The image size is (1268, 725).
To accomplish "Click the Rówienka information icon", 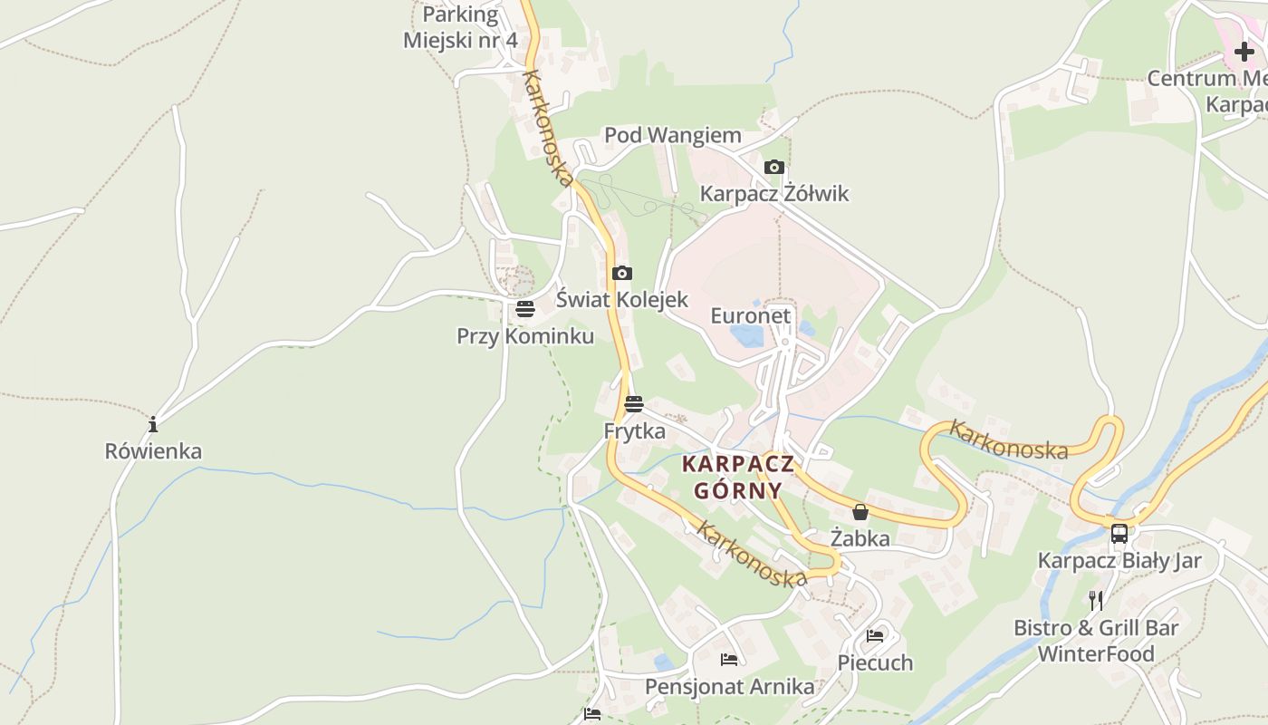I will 153,424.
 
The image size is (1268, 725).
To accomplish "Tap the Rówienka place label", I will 153,450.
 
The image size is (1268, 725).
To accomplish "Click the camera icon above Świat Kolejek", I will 621,273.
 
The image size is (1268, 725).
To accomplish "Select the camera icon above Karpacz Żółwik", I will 773,167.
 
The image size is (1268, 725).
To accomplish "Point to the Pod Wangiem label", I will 672,135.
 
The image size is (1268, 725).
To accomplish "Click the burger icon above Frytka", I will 633,404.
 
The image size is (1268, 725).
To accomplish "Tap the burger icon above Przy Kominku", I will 524,309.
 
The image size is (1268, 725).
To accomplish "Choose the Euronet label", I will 750,315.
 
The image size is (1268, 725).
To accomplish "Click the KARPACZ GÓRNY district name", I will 737,478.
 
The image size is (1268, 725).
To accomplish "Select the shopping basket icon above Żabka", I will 860,512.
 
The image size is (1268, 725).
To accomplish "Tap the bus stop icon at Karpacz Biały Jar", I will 1119,533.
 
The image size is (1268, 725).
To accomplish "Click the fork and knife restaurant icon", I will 1096,600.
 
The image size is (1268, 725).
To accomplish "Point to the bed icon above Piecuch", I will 874,636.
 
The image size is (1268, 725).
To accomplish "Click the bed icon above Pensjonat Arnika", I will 728,660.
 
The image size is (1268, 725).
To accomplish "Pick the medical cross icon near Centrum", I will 1244,52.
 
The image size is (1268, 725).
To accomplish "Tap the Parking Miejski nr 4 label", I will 460,27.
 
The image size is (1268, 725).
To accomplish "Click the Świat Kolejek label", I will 621,299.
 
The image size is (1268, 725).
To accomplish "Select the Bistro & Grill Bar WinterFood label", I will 1096,641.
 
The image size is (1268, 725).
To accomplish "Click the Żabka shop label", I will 860,538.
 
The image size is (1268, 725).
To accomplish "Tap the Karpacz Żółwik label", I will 774,193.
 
